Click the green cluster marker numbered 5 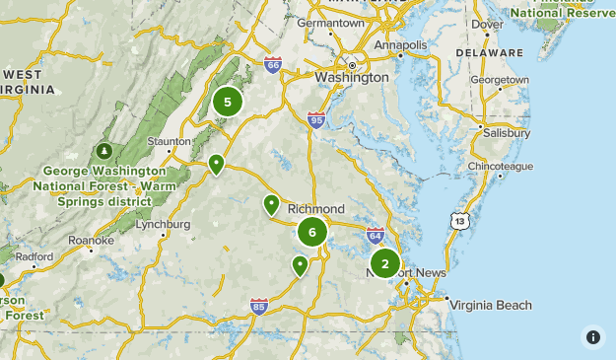(228, 102)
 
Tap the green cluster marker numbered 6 (312, 233)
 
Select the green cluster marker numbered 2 (384, 263)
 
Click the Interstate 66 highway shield (273, 65)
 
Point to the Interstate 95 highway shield (315, 119)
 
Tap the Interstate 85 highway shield (258, 306)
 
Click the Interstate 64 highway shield (375, 234)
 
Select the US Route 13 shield (458, 221)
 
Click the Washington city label (351, 77)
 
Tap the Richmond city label (315, 209)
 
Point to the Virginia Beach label (491, 305)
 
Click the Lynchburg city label (163, 224)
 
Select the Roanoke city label (92, 240)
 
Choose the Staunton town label (169, 141)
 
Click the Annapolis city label (400, 45)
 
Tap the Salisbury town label (507, 132)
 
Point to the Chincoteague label (500, 167)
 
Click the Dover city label (487, 24)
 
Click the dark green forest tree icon (104, 151)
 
